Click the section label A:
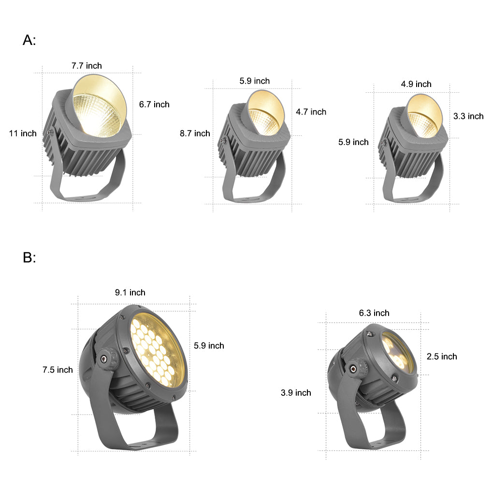(x=29, y=40)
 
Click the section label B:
(x=29, y=258)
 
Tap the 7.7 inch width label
(x=87, y=66)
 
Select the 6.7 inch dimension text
(x=154, y=104)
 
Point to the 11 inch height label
(x=23, y=133)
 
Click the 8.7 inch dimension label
(x=195, y=133)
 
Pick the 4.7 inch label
(x=311, y=112)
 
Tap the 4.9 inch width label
(x=416, y=84)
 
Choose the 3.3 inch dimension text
(x=468, y=116)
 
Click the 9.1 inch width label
(x=130, y=292)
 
